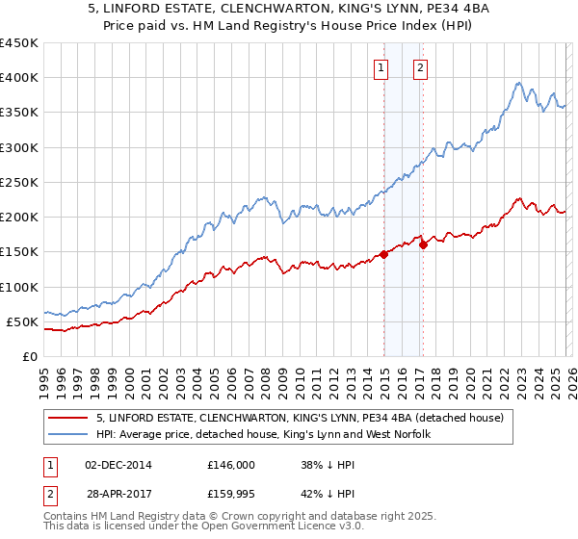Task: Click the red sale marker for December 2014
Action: coord(383,254)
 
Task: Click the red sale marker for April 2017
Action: coord(424,244)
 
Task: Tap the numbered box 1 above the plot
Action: coord(382,67)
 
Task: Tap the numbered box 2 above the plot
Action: coord(422,67)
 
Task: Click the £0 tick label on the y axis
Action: coord(30,356)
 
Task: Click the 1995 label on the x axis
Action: coord(44,376)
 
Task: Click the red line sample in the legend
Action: coord(67,418)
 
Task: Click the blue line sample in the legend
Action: coord(67,434)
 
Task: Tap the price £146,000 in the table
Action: coord(230,464)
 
